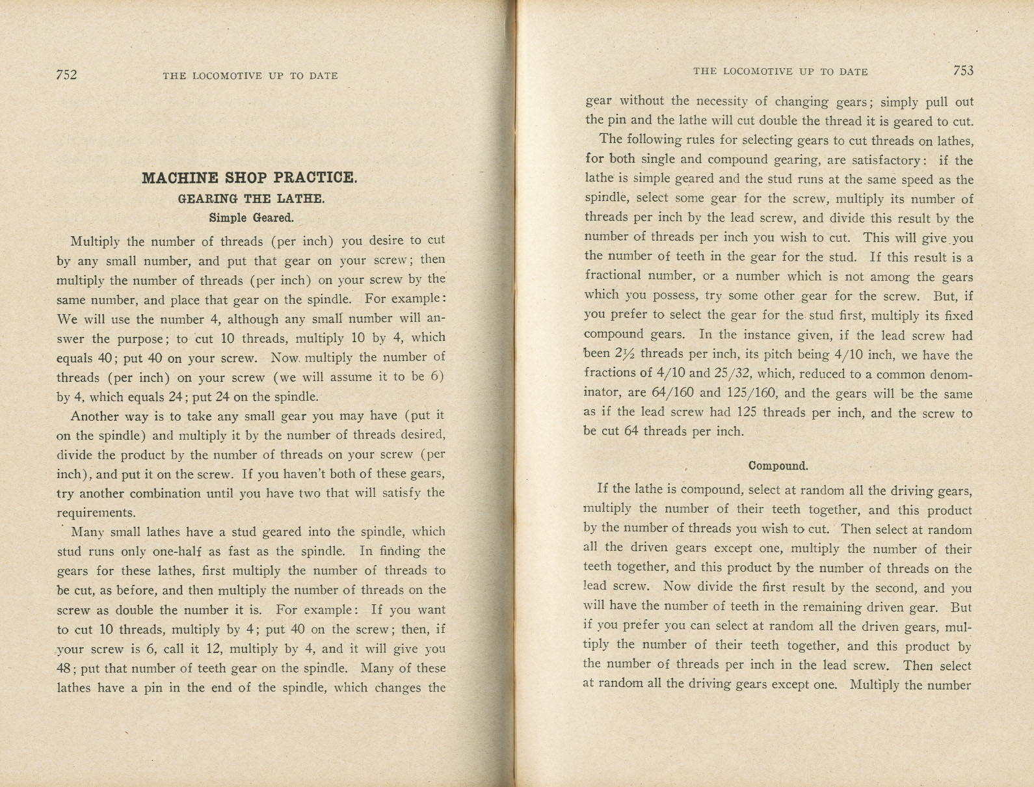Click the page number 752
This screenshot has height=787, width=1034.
click(66, 75)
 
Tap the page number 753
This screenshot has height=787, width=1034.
click(963, 70)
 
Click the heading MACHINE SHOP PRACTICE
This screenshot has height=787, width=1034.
click(250, 178)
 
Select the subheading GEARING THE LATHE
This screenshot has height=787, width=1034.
click(251, 198)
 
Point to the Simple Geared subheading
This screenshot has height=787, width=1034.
click(251, 218)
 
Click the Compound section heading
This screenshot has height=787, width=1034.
click(778, 466)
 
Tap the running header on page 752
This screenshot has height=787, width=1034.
click(250, 75)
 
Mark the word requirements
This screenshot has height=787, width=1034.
click(96, 513)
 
